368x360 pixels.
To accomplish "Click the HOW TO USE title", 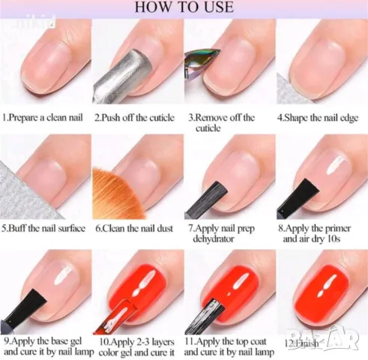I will point(184,8).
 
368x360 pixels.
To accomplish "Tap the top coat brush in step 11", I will point(212,307).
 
